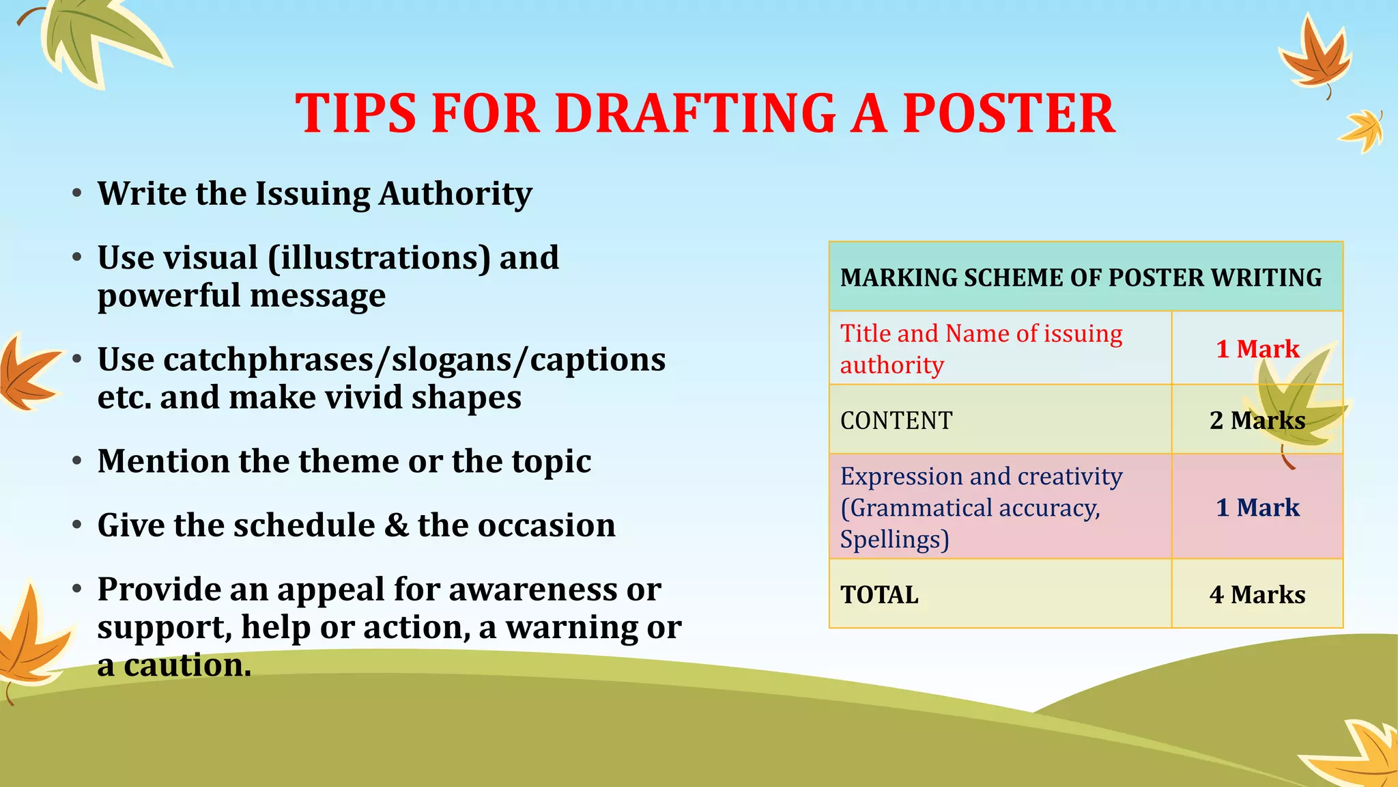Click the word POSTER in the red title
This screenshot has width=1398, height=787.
coord(1009,113)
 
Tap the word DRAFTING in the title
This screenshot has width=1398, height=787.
coord(696,113)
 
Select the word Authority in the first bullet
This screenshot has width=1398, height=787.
coord(455,194)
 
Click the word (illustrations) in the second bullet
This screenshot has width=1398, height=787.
coord(379,258)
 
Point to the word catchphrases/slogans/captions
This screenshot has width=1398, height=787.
coord(382,360)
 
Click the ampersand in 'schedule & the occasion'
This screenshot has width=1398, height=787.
coord(396,525)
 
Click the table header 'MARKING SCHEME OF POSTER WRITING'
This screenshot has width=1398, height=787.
coord(1081,277)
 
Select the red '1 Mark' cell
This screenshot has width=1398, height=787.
coord(1257,349)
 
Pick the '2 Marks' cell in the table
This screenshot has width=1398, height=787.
coord(1257,420)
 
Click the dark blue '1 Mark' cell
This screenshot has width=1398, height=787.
coord(1257,508)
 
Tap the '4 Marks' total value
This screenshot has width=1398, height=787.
coord(1257,594)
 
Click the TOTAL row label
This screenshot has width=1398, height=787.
coord(879,594)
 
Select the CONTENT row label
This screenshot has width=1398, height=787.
coord(896,420)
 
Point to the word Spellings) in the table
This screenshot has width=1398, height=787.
coord(894,540)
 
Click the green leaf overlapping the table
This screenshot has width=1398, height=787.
coord(1297,403)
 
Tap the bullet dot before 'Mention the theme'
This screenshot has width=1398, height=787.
coord(78,461)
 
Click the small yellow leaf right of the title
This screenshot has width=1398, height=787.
coord(1363,130)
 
